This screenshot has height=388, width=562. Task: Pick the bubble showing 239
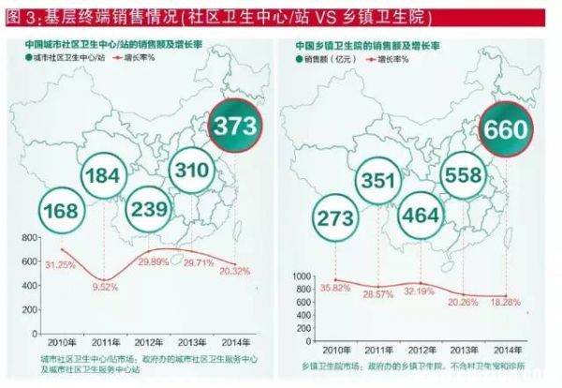coord(148,210)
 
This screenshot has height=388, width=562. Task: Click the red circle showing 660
coord(506,130)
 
